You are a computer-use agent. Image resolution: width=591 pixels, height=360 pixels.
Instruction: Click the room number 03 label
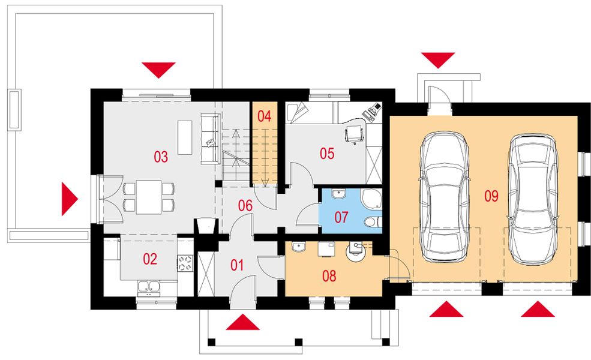tap(161, 157)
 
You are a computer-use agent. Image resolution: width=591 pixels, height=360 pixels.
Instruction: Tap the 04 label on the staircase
tap(264, 116)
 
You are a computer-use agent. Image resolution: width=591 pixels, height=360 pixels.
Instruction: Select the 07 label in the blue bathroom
tap(341, 217)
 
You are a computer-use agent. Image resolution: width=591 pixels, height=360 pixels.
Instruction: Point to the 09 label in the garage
tap(491, 196)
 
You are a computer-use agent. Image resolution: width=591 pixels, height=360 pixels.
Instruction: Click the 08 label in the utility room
tap(329, 276)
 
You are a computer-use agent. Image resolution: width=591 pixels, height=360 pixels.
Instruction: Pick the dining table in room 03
tap(149, 197)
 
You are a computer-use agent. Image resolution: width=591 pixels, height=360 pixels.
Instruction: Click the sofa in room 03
tap(211, 139)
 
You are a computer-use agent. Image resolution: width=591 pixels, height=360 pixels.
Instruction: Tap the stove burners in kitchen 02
tap(185, 263)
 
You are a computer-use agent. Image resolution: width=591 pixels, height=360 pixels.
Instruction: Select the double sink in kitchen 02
tap(148, 287)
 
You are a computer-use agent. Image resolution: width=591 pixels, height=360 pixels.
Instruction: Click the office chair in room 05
tap(355, 134)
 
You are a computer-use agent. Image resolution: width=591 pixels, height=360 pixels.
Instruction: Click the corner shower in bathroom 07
tap(371, 198)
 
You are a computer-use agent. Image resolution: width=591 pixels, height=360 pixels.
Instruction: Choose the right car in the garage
tap(532, 199)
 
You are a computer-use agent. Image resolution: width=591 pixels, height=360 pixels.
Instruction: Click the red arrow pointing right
tap(70, 199)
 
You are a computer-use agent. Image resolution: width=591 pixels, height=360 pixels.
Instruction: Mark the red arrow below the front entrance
tap(243, 322)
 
